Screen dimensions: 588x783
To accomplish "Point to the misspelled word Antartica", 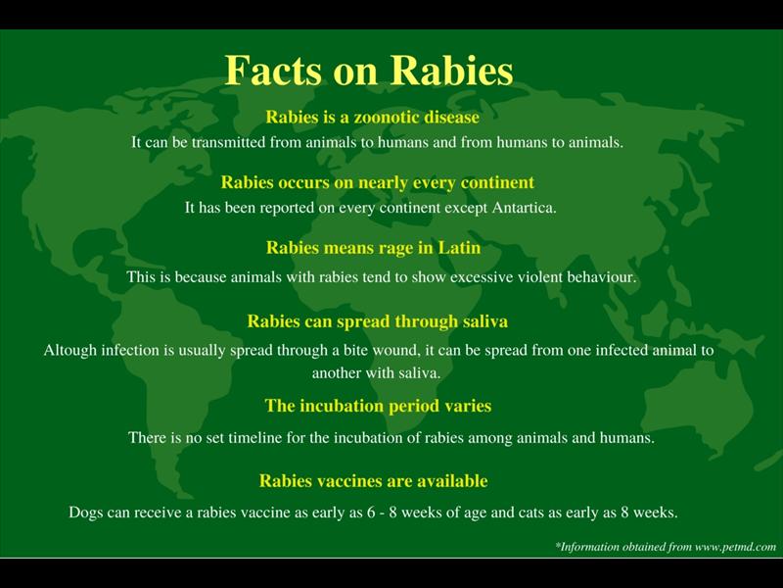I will pos(520,208).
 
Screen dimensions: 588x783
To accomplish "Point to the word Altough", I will pos(70,350).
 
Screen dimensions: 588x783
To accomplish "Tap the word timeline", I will pos(274,438).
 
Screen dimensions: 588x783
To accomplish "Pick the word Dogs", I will pos(86,513).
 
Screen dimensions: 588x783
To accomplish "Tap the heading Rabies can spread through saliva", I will pos(377,320).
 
